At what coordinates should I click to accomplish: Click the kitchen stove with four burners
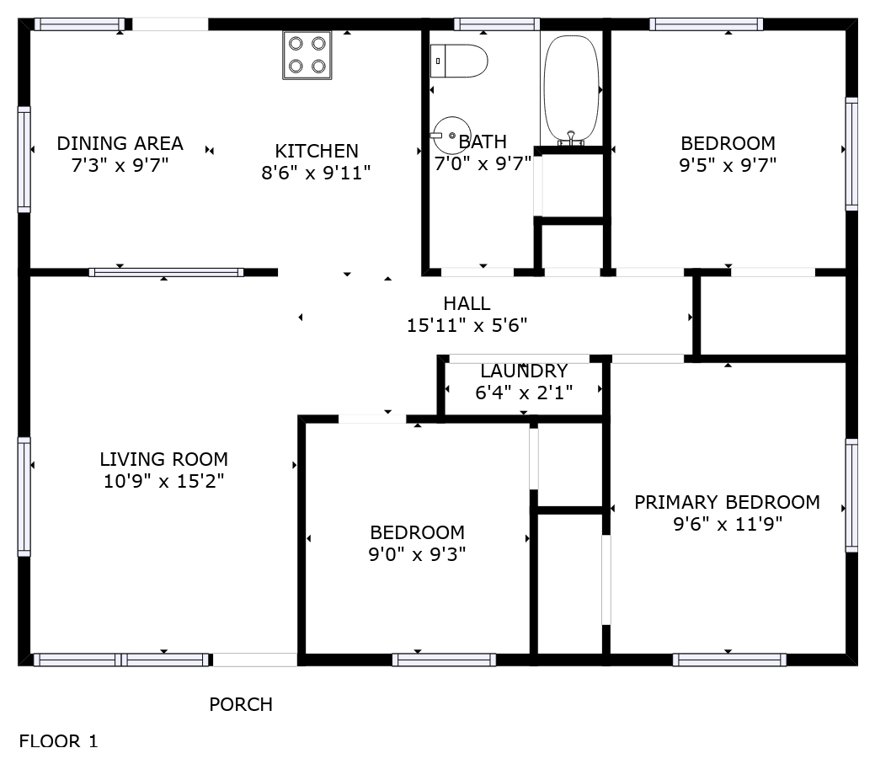point(307,56)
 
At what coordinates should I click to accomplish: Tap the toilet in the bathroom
point(459,61)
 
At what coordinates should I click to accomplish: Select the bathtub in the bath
point(572,89)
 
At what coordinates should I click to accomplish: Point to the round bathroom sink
point(451,135)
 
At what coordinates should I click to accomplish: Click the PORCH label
point(241,704)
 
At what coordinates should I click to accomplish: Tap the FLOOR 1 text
point(59,741)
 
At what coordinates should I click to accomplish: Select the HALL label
point(467,303)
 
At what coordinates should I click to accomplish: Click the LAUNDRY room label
point(524,371)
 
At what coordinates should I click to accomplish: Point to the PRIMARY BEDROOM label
point(727,502)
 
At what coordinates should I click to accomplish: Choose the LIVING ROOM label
point(164,459)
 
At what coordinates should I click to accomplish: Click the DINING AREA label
point(120,143)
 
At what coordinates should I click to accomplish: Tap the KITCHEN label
point(317,151)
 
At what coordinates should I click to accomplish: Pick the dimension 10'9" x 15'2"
point(164,481)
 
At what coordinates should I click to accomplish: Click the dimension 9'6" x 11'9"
point(728,524)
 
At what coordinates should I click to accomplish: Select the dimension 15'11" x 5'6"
point(467,325)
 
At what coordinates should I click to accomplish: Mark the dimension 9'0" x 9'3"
point(418,554)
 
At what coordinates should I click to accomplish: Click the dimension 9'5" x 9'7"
point(728,165)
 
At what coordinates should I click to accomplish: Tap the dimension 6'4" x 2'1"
point(524,393)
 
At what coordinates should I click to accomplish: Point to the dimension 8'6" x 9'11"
point(317,173)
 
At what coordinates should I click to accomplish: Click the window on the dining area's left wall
point(24,159)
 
